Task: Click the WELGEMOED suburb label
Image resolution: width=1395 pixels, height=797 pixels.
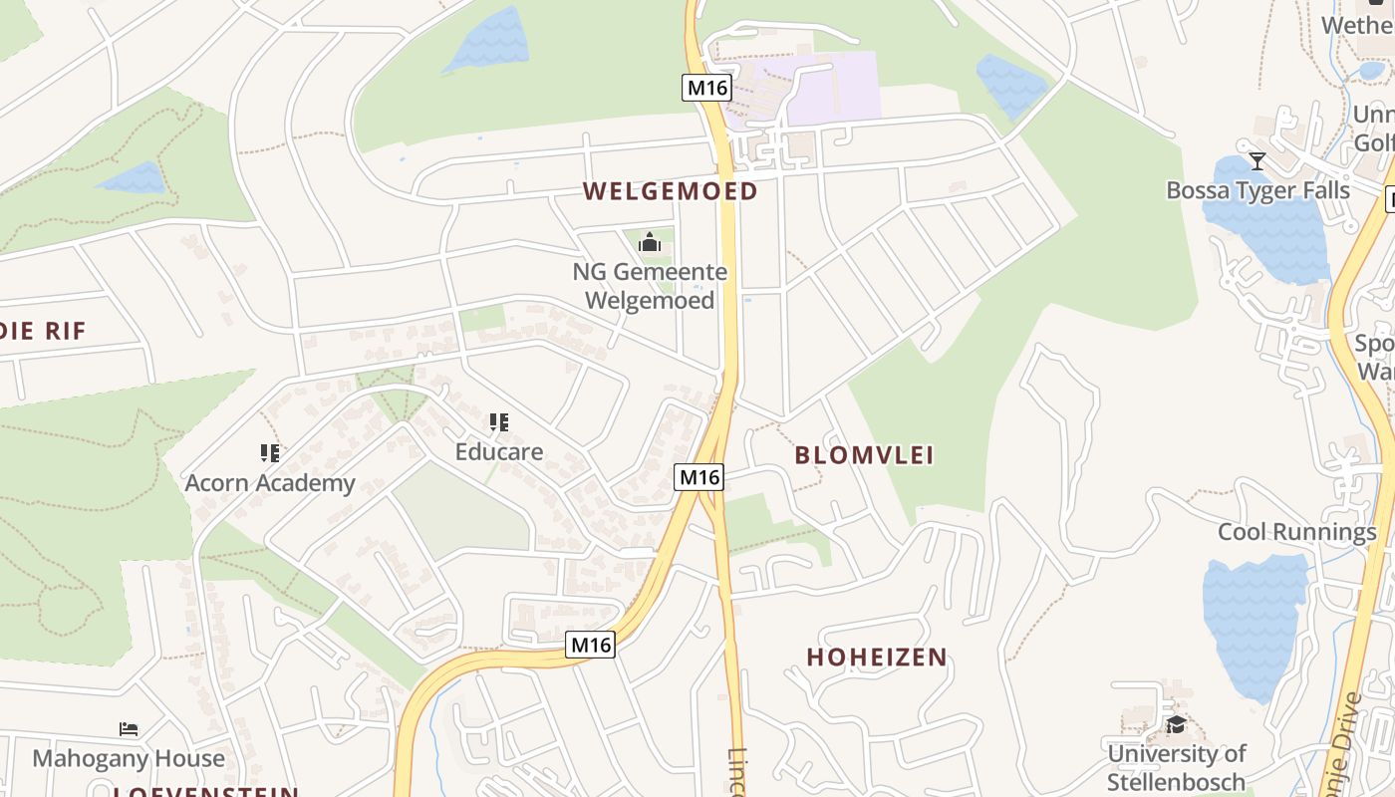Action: pyautogui.click(x=670, y=191)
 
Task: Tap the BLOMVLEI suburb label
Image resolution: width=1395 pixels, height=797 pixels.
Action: pyautogui.click(x=864, y=455)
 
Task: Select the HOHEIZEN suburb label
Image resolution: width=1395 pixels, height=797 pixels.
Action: pyautogui.click(x=877, y=658)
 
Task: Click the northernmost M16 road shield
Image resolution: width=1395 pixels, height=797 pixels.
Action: pyautogui.click(x=706, y=88)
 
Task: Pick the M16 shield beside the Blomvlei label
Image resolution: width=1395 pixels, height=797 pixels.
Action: pyautogui.click(x=698, y=477)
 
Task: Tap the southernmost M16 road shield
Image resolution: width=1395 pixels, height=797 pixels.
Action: pyautogui.click(x=591, y=645)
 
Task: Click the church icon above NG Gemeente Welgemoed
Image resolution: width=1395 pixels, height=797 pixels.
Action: pyautogui.click(x=650, y=242)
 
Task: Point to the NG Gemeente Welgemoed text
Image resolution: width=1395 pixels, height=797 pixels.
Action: pyautogui.click(x=650, y=286)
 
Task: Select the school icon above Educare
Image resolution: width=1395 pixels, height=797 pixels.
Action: pyautogui.click(x=499, y=422)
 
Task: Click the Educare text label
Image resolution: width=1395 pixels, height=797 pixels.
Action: pyautogui.click(x=499, y=452)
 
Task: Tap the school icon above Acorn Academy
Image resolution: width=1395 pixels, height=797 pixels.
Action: pyautogui.click(x=269, y=453)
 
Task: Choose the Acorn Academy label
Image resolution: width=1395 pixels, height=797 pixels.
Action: pyautogui.click(x=270, y=483)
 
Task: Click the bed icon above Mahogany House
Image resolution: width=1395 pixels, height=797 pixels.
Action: pyautogui.click(x=129, y=729)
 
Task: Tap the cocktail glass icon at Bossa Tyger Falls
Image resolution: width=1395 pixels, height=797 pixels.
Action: pyautogui.click(x=1257, y=160)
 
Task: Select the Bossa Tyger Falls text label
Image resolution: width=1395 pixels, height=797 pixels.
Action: pyautogui.click(x=1257, y=190)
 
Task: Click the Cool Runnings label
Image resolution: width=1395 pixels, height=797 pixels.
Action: pyautogui.click(x=1296, y=532)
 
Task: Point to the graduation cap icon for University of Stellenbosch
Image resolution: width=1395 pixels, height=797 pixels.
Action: pyautogui.click(x=1176, y=724)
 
